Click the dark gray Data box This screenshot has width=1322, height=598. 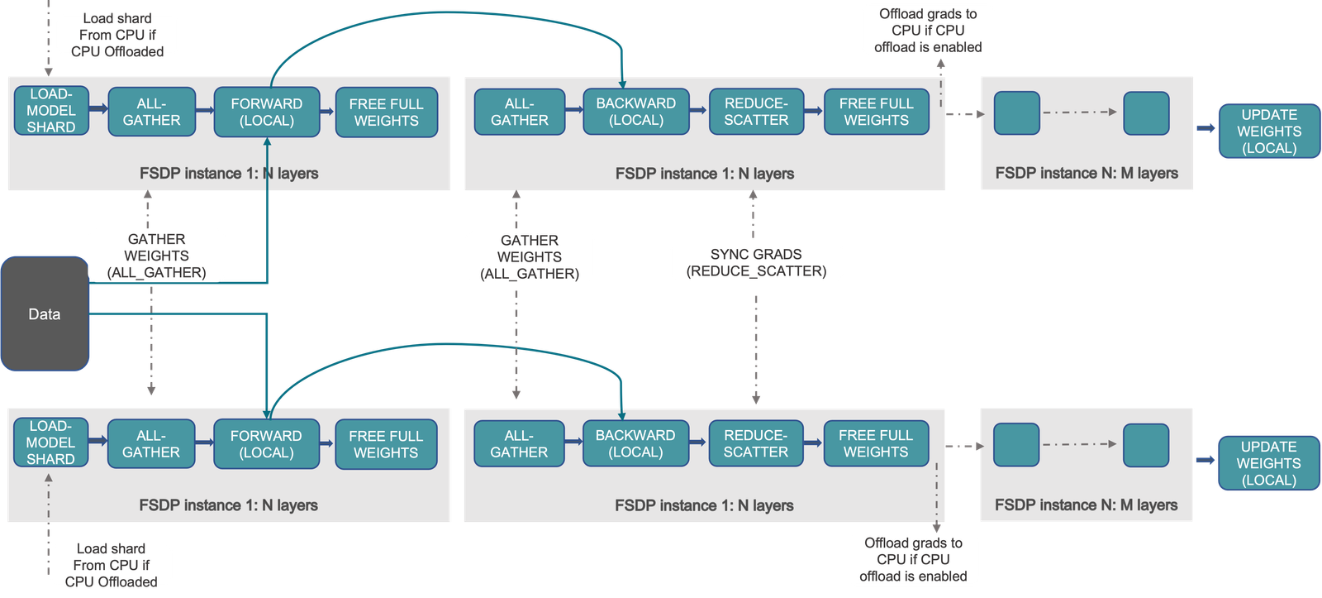(x=45, y=313)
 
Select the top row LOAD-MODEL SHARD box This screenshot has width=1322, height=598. (x=51, y=111)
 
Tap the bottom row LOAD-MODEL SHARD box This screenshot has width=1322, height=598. (x=50, y=443)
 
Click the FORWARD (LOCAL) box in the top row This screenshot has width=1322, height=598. (x=267, y=112)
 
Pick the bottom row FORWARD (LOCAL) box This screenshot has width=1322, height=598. (x=266, y=443)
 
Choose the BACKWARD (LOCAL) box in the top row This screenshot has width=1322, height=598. (x=636, y=112)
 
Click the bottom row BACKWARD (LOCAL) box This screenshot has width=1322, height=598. (x=635, y=443)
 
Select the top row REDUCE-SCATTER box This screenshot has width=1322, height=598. (x=756, y=112)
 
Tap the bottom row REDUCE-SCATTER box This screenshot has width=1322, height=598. (x=755, y=443)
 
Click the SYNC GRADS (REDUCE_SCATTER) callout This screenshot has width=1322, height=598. (x=756, y=262)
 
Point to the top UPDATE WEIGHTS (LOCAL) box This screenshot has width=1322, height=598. (x=1269, y=132)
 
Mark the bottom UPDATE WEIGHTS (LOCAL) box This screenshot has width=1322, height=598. (x=1268, y=463)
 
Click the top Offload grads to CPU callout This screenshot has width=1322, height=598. (x=928, y=31)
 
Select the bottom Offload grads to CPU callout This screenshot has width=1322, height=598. (x=913, y=559)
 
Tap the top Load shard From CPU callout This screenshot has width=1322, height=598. (x=117, y=35)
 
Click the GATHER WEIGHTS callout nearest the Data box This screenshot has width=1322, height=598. (x=157, y=256)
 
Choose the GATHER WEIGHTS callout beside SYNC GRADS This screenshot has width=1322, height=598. (x=529, y=256)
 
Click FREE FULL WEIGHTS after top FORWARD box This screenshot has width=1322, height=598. (x=386, y=112)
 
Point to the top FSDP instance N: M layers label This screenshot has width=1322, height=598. (x=1087, y=173)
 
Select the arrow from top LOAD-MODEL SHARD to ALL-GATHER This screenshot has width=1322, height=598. (x=98, y=108)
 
